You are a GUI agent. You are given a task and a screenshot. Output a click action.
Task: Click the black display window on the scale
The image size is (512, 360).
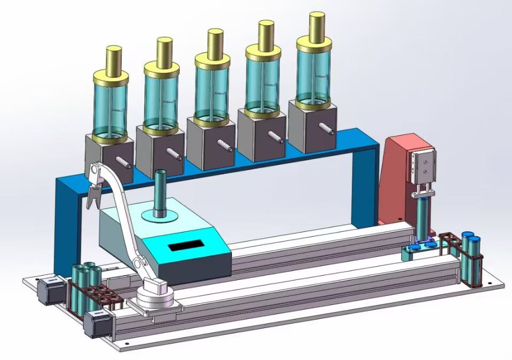point(186,246)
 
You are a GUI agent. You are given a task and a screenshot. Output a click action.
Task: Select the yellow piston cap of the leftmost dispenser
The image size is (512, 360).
point(114,59)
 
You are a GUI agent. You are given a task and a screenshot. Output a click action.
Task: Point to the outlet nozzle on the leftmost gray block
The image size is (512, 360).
point(123,162)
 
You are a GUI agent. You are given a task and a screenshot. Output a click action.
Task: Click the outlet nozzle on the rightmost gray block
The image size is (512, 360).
point(326,128)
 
